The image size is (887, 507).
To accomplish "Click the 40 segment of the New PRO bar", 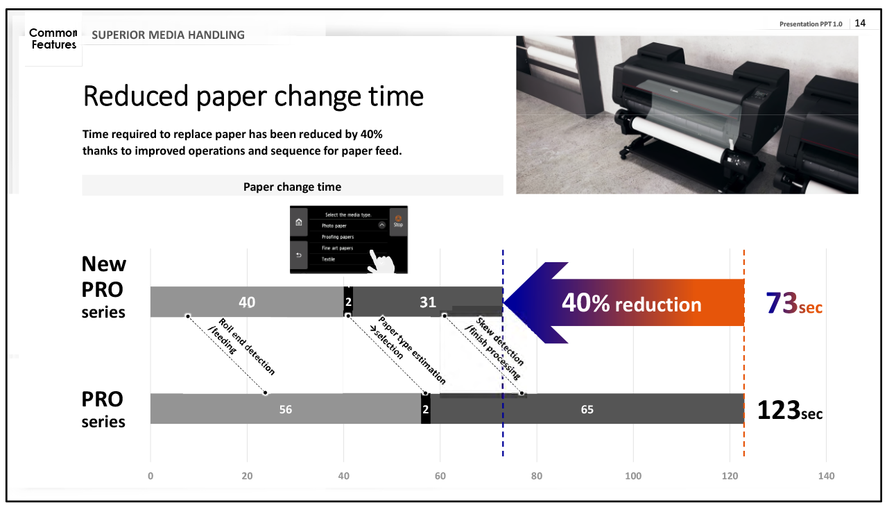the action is (x=247, y=302).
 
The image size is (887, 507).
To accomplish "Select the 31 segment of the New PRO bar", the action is (x=428, y=302).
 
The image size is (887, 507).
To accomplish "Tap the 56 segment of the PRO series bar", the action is (x=286, y=409).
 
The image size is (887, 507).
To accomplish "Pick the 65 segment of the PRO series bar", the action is (x=587, y=409).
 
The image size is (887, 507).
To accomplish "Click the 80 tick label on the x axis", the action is (x=537, y=476).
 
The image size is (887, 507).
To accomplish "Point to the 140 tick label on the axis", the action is (x=826, y=476).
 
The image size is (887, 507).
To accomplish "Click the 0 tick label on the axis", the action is (x=150, y=476).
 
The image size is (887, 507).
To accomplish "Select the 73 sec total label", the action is (x=794, y=303).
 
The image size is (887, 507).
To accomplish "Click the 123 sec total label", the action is (x=790, y=411).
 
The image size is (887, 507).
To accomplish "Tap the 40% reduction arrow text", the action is (x=632, y=303).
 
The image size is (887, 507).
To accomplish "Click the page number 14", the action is (x=860, y=23).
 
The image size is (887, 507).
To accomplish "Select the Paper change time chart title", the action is (x=292, y=187).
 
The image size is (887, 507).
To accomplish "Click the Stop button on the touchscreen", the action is (x=398, y=221).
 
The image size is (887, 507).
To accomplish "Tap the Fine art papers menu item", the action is (x=337, y=248).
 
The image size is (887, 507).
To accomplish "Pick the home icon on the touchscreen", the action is (x=299, y=222).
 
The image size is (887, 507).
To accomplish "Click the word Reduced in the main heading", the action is (x=136, y=96).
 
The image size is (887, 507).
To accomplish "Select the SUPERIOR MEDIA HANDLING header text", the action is (x=168, y=35).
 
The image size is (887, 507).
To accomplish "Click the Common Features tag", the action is (x=53, y=38).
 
